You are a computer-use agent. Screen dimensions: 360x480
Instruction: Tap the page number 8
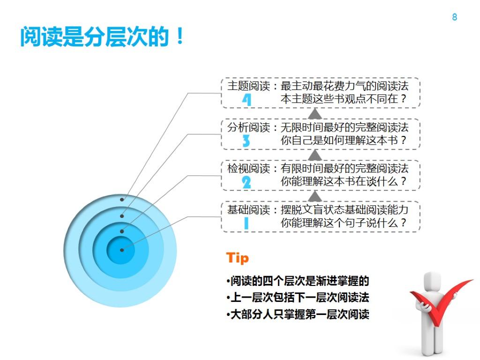[454, 17]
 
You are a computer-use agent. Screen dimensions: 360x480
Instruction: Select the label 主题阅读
[249, 86]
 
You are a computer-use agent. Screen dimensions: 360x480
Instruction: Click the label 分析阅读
[249, 127]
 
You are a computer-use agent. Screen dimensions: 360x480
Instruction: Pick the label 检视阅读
[249, 168]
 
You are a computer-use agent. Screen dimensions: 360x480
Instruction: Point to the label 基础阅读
[249, 210]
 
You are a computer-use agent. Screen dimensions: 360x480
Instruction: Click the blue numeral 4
[247, 99]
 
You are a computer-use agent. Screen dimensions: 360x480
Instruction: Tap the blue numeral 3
[246, 141]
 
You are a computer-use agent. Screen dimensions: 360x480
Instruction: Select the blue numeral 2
[246, 182]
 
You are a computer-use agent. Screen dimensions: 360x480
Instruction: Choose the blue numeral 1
[246, 223]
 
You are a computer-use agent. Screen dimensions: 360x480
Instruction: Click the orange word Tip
[237, 258]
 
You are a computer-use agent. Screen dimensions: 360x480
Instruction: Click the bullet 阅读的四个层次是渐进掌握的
[298, 281]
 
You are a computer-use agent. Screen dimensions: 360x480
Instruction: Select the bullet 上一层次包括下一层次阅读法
[298, 298]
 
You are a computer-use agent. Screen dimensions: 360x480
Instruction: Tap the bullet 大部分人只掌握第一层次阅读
[298, 314]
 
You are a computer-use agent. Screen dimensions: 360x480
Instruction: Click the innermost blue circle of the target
[121, 250]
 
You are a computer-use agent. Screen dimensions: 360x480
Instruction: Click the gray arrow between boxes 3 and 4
[315, 113]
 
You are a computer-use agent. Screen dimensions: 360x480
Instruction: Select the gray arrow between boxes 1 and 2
[315, 195]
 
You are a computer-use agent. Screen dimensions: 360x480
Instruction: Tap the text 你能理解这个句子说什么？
[344, 223]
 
